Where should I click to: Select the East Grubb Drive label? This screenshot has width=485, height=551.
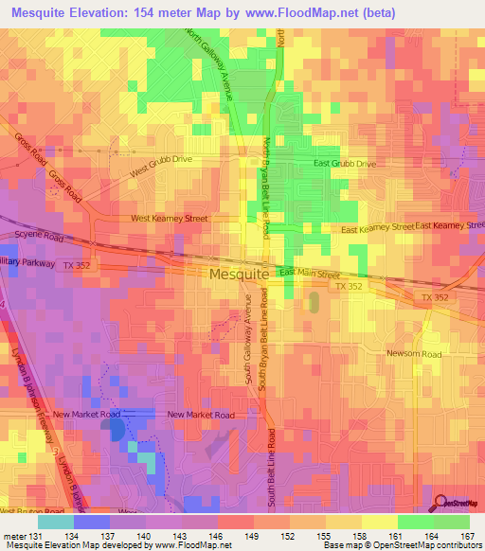click(x=345, y=164)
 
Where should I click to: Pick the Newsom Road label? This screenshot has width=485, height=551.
click(x=414, y=354)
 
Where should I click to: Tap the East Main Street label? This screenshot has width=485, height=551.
click(x=309, y=273)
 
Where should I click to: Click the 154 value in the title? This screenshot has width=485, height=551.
click(x=145, y=12)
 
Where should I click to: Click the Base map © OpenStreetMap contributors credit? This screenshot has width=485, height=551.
click(x=402, y=545)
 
